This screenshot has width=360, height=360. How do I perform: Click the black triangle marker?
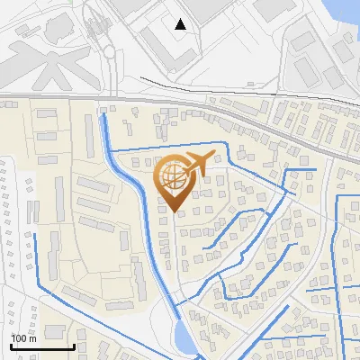click(x=181, y=24)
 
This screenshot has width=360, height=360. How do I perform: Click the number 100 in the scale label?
click(x=19, y=338)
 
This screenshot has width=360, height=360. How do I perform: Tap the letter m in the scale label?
click(x=32, y=338)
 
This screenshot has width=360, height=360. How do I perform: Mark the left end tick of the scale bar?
click(x=11, y=346)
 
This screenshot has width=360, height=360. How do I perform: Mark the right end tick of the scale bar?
click(x=74, y=346)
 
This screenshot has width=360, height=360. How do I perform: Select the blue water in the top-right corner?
click(x=346, y=11)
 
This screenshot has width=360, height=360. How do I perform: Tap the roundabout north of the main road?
click(x=109, y=51)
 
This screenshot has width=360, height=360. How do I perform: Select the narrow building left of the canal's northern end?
click(x=90, y=135)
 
